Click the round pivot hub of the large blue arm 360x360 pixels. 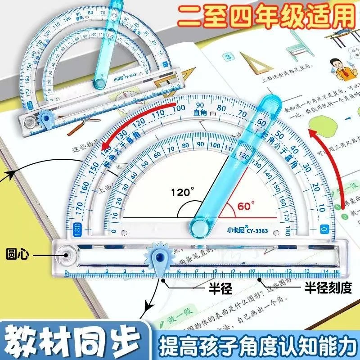click(x=198, y=225)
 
